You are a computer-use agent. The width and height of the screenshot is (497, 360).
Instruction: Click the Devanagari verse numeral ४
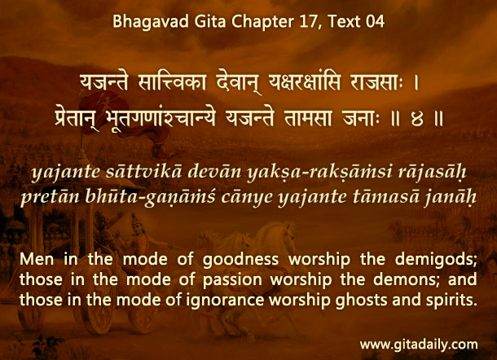coord(417,120)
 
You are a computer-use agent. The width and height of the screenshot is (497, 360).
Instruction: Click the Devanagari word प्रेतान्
coord(77,120)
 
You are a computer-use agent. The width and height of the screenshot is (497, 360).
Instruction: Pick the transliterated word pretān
coord(50,196)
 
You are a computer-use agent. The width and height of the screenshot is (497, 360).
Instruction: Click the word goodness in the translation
coord(240,260)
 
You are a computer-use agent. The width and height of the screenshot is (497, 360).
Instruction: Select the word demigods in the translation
coord(436,260)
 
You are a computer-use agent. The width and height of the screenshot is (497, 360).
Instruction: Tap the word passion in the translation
coord(232,280)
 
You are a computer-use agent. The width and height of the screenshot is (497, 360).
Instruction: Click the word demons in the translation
coord(407,279)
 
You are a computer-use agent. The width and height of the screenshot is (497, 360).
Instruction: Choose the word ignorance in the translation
coord(225,300)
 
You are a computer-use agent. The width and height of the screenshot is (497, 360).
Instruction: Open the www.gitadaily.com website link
coord(419,345)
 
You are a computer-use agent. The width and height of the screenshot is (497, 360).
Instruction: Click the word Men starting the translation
coord(37,259)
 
